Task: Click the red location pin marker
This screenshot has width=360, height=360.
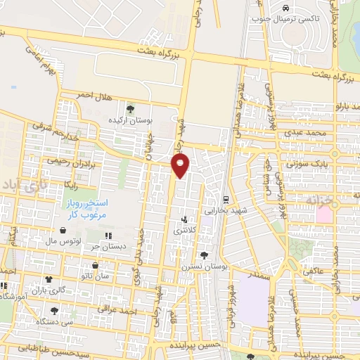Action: click(181, 165)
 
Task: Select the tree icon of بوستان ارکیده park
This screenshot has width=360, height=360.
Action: click(130, 108)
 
